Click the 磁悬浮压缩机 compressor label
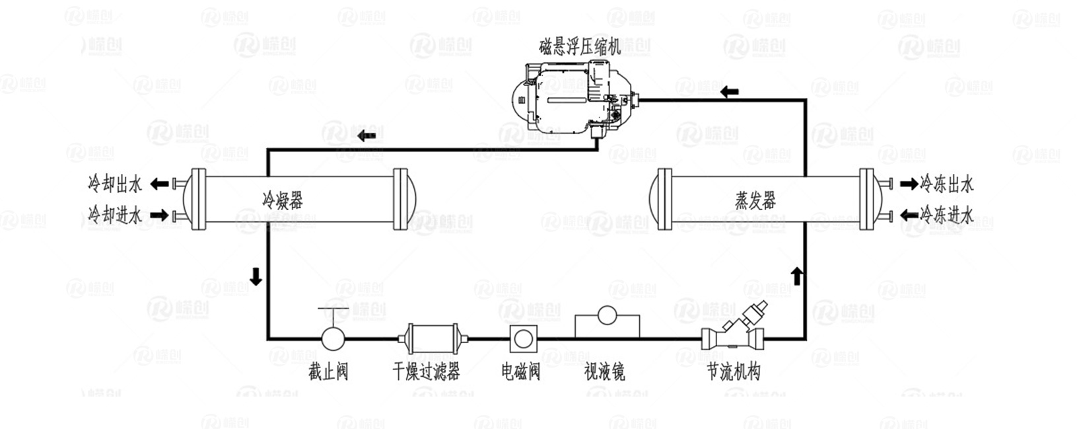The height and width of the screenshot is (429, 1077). (580, 47)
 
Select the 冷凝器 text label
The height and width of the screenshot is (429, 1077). (283, 200)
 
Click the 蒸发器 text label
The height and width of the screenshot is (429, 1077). (755, 200)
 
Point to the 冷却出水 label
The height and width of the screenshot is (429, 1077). (115, 184)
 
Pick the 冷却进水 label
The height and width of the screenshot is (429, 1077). (115, 215)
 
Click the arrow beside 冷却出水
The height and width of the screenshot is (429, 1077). (159, 184)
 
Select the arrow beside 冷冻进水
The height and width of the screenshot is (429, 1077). (909, 214)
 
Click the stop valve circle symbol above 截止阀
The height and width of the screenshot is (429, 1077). (333, 338)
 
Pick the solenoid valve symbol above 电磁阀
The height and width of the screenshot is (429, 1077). (523, 339)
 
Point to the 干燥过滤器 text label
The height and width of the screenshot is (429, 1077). (426, 371)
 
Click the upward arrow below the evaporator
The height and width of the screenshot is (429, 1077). (797, 275)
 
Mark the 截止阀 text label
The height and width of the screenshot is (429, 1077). (328, 371)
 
